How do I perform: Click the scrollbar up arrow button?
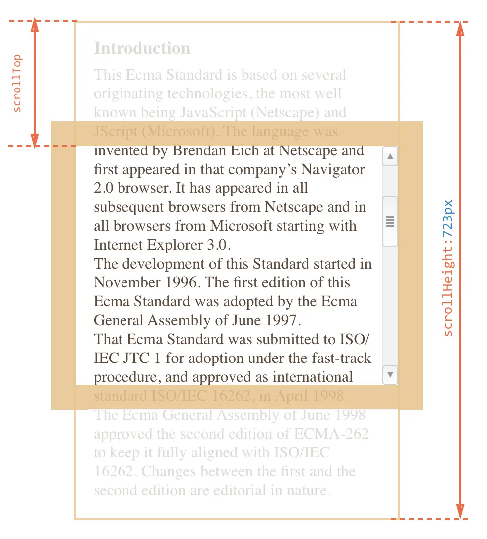(390, 157)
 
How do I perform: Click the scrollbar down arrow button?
(390, 374)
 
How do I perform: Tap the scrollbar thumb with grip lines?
(390, 221)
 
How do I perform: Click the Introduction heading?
(142, 48)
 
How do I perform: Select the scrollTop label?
(17, 83)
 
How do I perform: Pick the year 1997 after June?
(284, 320)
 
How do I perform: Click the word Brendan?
(199, 150)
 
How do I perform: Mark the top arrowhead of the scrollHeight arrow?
(460, 30)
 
